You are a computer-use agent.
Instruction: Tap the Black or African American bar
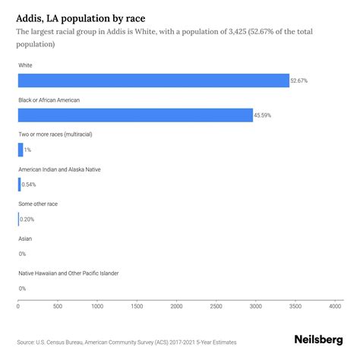point(135,115)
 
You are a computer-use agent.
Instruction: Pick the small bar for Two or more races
point(21,150)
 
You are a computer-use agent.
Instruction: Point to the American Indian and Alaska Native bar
point(19,185)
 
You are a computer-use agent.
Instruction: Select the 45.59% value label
point(264,115)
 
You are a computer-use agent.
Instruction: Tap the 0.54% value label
point(30,185)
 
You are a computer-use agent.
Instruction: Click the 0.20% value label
point(27,219)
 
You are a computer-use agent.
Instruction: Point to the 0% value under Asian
point(22,254)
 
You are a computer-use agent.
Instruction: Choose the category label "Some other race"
point(38,204)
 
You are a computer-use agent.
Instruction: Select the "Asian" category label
point(25,238)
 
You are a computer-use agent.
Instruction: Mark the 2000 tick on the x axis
point(176,307)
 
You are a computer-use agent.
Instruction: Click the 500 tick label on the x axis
point(58,307)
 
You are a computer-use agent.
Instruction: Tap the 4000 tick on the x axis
point(335,307)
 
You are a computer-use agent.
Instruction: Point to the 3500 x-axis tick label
point(295,307)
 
